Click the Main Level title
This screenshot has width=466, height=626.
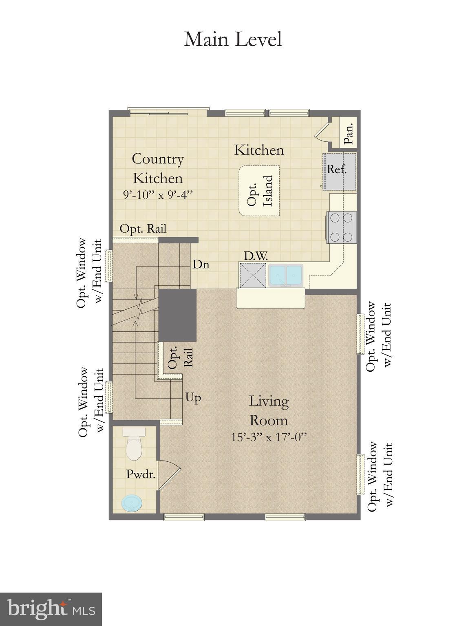tap(233, 40)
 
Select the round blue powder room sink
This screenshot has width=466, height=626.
tap(133, 503)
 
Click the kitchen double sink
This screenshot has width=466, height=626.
tap(285, 276)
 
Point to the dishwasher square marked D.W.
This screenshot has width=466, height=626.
tap(252, 276)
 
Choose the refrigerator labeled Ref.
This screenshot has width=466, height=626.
tap(340, 171)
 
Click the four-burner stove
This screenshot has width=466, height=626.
tap(341, 227)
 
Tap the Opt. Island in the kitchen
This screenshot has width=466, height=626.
tap(259, 191)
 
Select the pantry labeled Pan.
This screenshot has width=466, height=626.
tap(347, 133)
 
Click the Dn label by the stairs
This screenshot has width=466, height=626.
tap(201, 265)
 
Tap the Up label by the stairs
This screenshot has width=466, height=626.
tap(193, 397)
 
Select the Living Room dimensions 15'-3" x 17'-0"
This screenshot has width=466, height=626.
tap(268, 438)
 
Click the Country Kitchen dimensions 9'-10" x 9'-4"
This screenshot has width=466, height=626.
tap(157, 195)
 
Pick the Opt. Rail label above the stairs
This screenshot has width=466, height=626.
tap(143, 229)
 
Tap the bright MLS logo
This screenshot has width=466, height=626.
tap(51, 609)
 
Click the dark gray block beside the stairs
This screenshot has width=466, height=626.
tap(177, 315)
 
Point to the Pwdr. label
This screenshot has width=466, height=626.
tap(141, 474)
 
